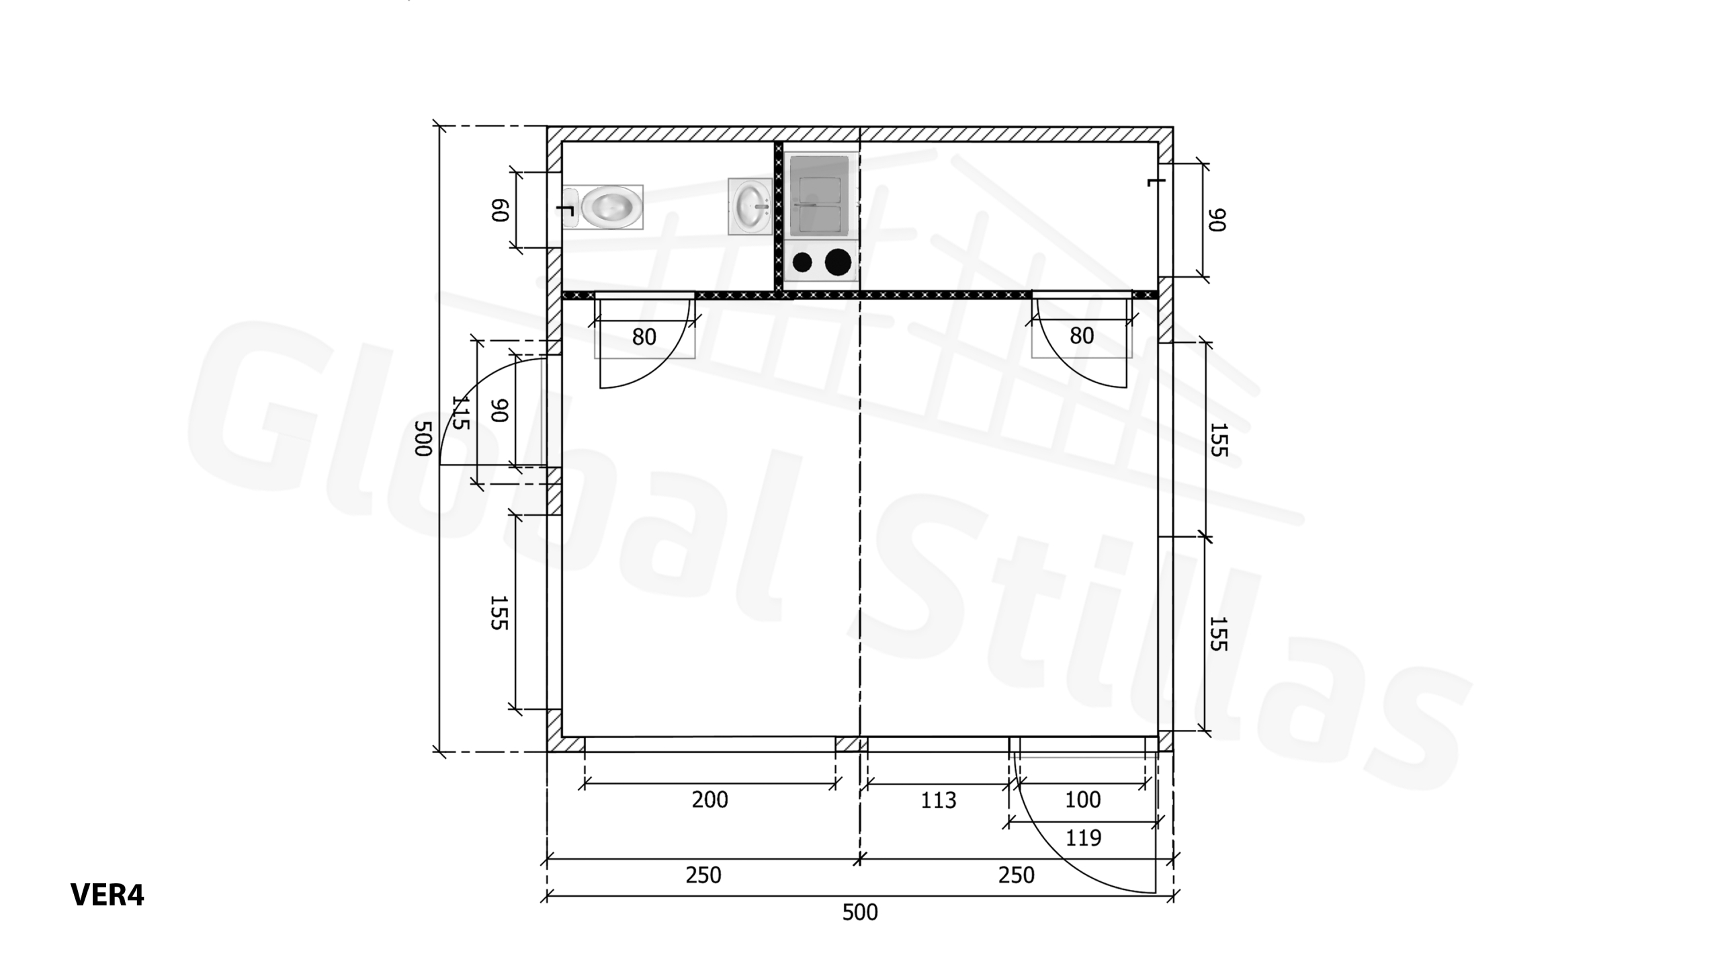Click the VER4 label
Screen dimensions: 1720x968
click(x=107, y=895)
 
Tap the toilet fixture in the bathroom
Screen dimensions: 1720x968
click(x=603, y=207)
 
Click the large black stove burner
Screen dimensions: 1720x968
click(x=838, y=262)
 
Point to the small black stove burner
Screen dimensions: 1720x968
click(x=802, y=262)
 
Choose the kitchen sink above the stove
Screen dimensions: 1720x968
click(x=820, y=196)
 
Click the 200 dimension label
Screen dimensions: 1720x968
click(x=709, y=799)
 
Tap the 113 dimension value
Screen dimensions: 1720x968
click(x=938, y=800)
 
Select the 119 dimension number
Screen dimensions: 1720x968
click(x=1083, y=838)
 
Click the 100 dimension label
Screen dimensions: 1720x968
click(x=1083, y=799)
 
